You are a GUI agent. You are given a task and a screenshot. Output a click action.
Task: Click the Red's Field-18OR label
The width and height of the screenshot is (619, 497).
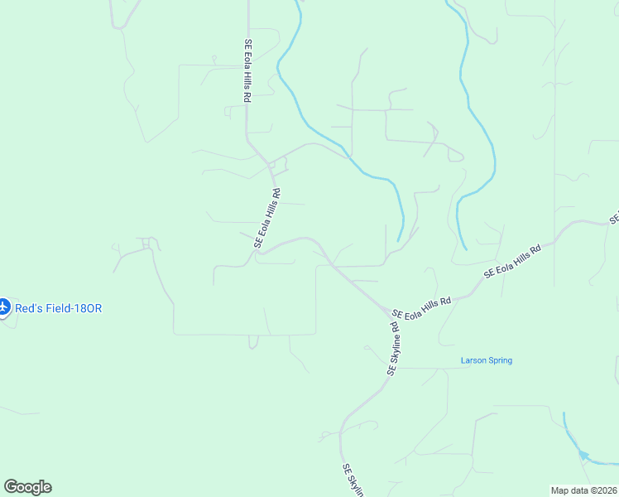[58, 308]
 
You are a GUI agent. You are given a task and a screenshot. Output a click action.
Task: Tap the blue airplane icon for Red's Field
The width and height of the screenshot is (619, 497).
[3, 307]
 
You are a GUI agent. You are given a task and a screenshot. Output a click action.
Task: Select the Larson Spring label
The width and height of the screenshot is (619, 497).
[486, 360]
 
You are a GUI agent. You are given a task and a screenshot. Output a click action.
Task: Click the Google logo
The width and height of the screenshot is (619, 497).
[27, 487]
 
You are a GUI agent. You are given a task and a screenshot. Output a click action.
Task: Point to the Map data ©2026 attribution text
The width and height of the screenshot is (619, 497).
[583, 490]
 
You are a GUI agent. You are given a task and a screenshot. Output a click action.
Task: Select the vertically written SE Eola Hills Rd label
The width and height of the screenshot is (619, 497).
[247, 71]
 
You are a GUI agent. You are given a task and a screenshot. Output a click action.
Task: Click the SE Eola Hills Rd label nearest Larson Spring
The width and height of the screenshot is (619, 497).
[422, 307]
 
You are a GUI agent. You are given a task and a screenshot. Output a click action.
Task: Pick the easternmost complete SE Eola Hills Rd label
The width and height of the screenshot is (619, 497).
[512, 259]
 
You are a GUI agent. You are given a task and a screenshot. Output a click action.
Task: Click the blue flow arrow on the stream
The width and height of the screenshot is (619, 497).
[584, 455]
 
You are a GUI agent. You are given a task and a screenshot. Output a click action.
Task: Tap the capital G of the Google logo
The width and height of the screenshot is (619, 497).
[10, 486]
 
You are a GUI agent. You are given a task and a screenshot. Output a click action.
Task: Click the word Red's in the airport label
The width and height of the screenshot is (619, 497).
[26, 308]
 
